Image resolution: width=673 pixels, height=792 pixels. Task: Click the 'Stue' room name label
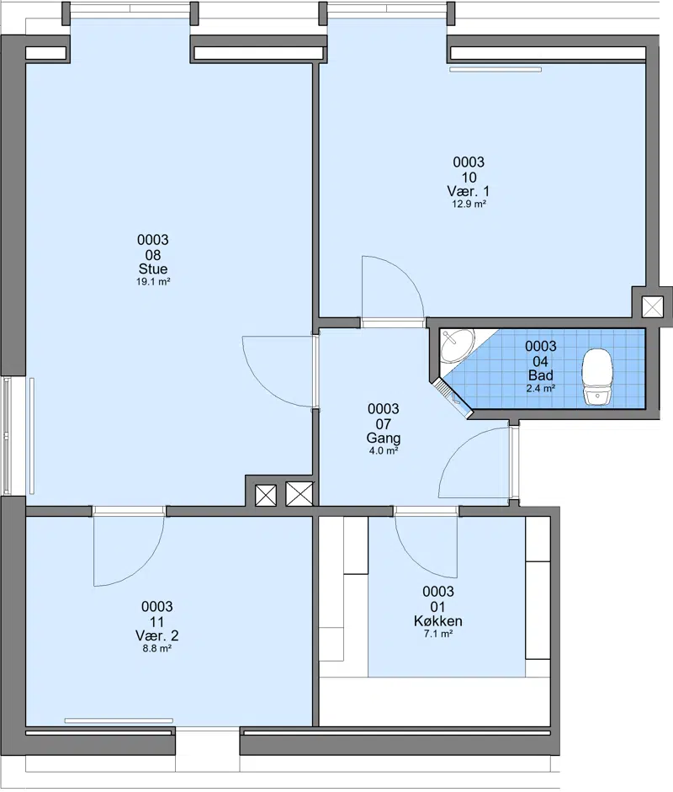153,268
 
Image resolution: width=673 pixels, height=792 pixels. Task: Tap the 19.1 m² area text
153,282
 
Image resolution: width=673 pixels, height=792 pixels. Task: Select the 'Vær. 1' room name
469,191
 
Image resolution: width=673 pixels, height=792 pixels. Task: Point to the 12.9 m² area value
469,204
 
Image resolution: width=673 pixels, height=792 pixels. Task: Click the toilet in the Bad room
597,377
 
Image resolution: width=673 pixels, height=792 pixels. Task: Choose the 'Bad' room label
541,375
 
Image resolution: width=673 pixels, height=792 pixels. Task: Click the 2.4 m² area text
541,388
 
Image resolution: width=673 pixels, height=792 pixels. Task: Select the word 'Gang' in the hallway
384,439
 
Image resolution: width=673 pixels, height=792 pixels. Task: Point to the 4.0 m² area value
384,450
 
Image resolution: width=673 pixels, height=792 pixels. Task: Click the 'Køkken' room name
437,621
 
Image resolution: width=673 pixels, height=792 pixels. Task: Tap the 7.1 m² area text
437,634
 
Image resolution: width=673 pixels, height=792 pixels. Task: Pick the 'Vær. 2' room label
157,635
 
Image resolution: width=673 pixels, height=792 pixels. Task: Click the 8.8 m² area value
157,649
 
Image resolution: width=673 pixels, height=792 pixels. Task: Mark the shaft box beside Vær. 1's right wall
652,306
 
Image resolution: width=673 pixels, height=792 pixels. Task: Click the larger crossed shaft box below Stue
299,494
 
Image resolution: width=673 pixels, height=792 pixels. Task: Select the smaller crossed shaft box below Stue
266,496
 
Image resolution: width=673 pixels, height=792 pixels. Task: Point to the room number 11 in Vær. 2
157,622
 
